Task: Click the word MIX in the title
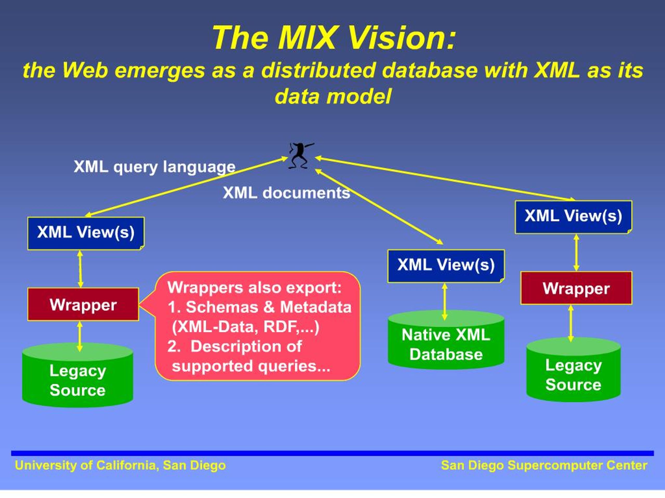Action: tap(307, 38)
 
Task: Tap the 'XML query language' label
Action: tap(155, 167)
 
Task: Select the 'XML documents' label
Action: tap(287, 193)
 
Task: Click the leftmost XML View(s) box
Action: tap(86, 233)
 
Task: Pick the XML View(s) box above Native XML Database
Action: tap(446, 266)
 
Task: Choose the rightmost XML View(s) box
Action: tap(574, 217)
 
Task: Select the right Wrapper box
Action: tap(577, 288)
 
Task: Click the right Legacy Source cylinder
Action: tap(574, 370)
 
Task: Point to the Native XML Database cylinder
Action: tap(446, 340)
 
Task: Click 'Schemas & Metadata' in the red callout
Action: tap(268, 307)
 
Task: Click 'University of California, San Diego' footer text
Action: tap(120, 465)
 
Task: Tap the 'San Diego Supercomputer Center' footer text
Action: tap(544, 465)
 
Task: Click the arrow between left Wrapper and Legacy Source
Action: tap(80, 336)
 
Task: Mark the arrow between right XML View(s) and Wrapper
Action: tap(576, 252)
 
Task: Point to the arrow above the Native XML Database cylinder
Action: tap(445, 301)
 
